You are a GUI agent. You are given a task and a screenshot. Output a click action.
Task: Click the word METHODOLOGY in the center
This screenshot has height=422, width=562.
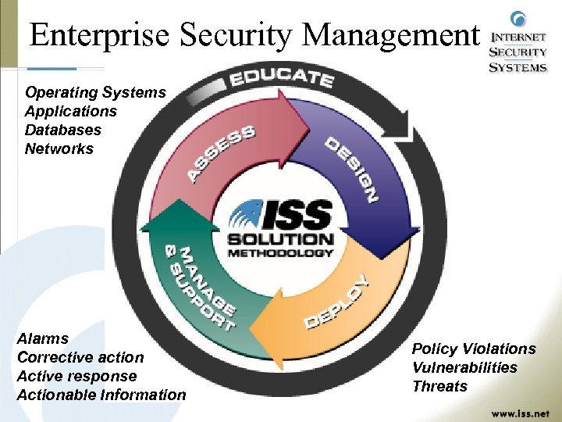[280, 252]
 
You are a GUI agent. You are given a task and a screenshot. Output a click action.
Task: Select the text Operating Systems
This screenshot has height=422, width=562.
[95, 92]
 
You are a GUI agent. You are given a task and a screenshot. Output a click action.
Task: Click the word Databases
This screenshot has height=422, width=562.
[63, 130]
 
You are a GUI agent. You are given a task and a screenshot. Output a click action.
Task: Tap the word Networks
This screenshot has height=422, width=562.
[59, 148]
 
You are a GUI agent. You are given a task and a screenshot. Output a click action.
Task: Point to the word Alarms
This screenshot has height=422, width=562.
[43, 338]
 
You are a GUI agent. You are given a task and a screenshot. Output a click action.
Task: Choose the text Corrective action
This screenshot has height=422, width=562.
[80, 357]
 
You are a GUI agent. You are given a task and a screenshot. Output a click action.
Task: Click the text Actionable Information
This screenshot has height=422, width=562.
[101, 395]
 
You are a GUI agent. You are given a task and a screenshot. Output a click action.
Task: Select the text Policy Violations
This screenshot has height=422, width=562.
[474, 349]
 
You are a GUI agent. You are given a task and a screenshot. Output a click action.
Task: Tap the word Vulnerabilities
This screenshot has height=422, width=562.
[464, 367]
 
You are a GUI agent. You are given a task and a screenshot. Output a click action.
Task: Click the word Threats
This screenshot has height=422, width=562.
[439, 386]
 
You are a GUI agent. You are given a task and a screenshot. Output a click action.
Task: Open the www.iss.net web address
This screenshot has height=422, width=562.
[520, 413]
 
